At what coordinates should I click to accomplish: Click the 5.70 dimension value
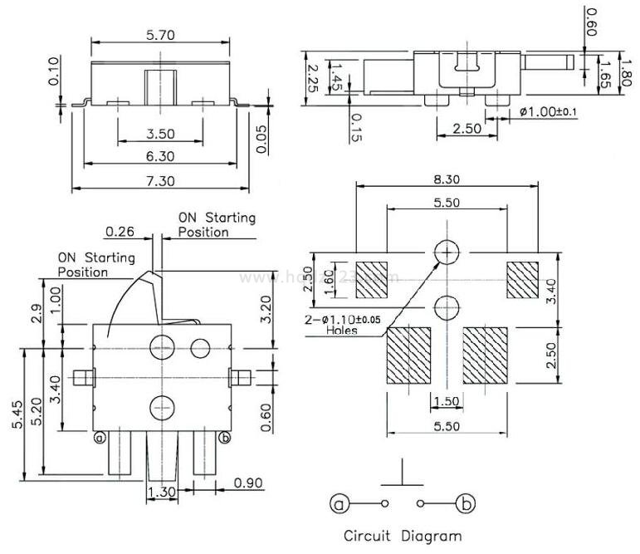(160, 35)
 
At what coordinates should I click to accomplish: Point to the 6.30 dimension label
(160, 155)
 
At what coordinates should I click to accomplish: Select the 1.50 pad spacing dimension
(446, 402)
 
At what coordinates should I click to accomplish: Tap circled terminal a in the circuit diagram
(339, 503)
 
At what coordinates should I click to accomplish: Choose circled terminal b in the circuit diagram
(467, 503)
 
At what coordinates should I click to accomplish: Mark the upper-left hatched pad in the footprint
(370, 279)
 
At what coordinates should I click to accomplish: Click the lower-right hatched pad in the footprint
(485, 355)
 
